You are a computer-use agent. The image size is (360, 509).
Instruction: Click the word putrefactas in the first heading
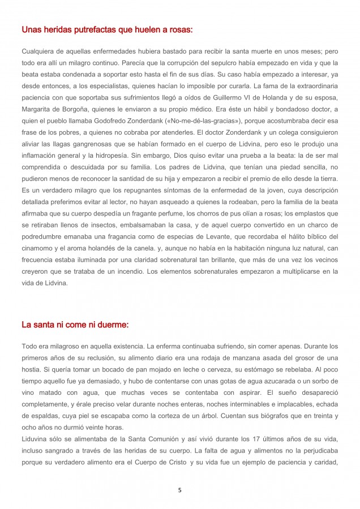(86, 29)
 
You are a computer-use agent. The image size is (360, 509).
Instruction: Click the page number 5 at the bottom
(179, 490)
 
